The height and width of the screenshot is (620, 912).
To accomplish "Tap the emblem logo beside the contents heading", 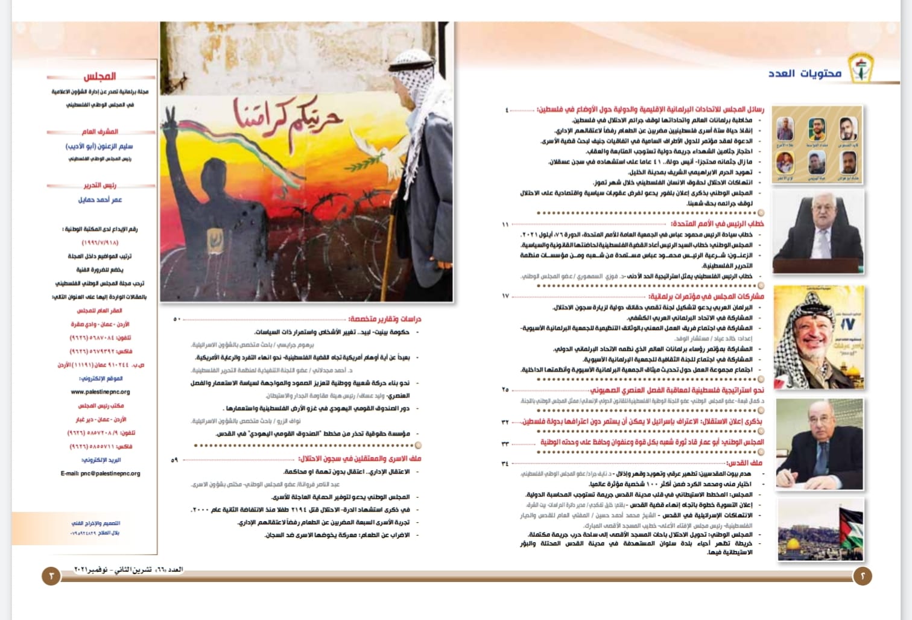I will [861, 68].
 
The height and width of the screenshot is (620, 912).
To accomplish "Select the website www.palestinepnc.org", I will [100, 392].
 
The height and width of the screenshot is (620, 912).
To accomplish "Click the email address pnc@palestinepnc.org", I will [100, 473].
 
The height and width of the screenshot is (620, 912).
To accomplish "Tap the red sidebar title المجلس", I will [100, 77].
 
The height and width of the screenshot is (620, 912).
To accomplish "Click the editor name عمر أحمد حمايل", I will [100, 200].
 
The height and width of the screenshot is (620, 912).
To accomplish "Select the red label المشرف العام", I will [100, 131].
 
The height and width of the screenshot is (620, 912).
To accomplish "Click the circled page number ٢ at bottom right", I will [863, 576].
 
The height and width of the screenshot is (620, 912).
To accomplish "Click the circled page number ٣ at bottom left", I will [51, 576].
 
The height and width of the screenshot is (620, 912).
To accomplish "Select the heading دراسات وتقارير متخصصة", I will [384, 319].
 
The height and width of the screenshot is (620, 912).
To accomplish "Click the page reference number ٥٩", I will [174, 460].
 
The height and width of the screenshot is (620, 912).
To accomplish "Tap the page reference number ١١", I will [505, 224].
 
